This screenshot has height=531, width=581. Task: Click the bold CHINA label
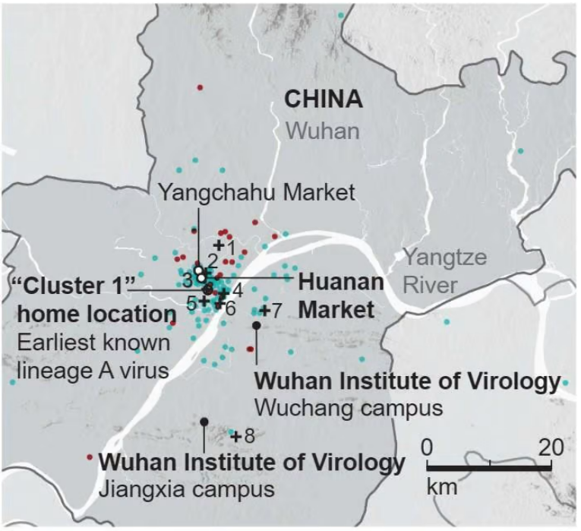(x=323, y=100)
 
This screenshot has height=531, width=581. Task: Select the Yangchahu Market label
(x=257, y=192)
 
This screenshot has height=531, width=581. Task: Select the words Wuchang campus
(x=349, y=408)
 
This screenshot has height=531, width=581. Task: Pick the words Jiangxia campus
(x=187, y=488)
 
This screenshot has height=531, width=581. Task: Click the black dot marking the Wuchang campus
(x=257, y=325)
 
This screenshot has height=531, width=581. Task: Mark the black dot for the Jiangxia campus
(x=204, y=422)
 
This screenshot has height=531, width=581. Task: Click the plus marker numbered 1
(x=218, y=245)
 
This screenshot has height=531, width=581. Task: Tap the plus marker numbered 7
(x=264, y=311)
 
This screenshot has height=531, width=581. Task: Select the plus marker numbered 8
(x=236, y=436)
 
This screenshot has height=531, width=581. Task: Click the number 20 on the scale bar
(x=551, y=446)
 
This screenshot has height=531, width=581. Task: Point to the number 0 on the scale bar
(x=428, y=446)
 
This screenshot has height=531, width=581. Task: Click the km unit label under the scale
(x=442, y=486)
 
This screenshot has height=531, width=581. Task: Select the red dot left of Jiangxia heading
(x=90, y=457)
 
